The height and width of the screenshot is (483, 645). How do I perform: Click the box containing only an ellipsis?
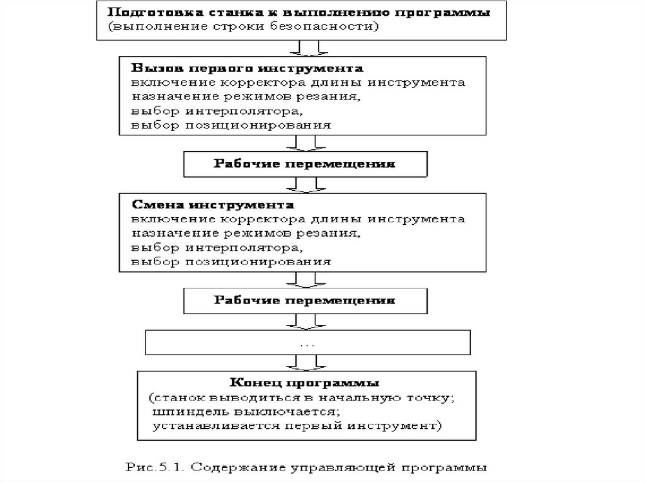click(x=308, y=343)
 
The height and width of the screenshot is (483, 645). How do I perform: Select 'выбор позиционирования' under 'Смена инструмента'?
click(x=231, y=261)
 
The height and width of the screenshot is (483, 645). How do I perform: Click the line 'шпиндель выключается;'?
click(x=246, y=412)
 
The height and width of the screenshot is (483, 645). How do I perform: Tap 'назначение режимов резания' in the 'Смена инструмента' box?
click(x=246, y=234)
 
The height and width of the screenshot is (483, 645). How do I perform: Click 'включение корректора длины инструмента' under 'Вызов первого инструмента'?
click(x=299, y=82)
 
